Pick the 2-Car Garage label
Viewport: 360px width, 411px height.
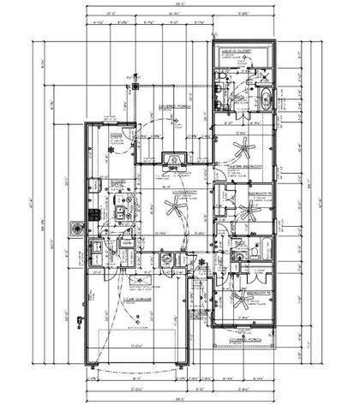137,300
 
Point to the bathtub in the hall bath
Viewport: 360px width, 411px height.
261,250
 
